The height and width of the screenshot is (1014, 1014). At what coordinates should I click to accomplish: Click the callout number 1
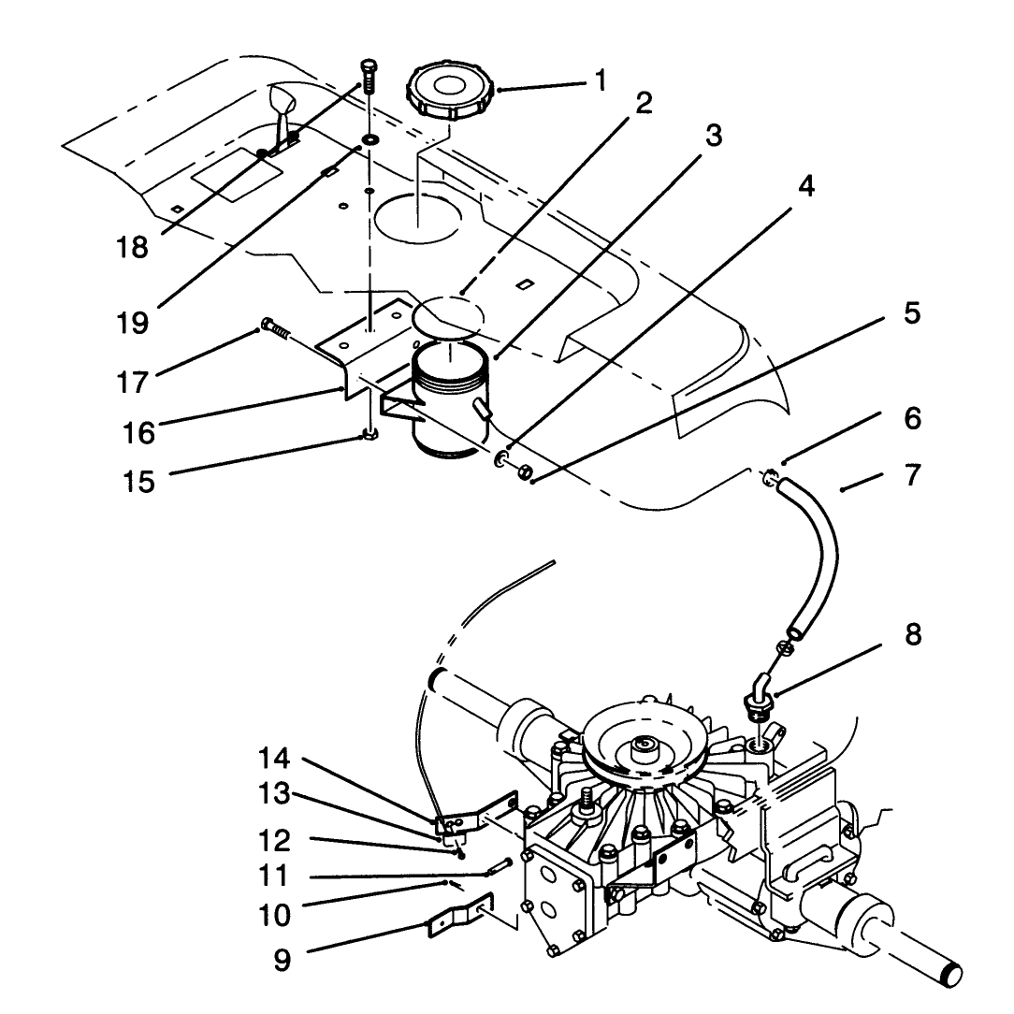click(x=601, y=80)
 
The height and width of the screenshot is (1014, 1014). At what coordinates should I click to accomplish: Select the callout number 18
click(x=132, y=247)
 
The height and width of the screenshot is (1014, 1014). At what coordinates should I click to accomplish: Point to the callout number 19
click(x=133, y=322)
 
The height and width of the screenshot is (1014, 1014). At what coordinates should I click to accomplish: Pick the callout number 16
click(x=139, y=432)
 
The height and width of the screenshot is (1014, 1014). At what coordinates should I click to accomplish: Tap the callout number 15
click(x=139, y=482)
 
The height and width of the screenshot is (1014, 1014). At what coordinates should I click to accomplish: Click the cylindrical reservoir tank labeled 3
click(x=446, y=398)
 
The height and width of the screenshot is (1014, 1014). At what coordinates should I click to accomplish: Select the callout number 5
click(x=912, y=313)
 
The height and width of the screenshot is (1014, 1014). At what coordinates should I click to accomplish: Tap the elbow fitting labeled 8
click(x=758, y=696)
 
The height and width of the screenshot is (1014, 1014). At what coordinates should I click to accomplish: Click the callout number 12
click(x=274, y=841)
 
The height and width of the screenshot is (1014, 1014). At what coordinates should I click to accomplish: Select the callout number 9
click(x=282, y=961)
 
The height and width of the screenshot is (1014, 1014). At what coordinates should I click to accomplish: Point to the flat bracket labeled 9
click(x=460, y=916)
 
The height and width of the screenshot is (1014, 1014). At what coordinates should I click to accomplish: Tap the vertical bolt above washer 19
click(x=368, y=77)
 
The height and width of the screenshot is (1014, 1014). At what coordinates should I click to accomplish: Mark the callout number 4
click(x=805, y=186)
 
